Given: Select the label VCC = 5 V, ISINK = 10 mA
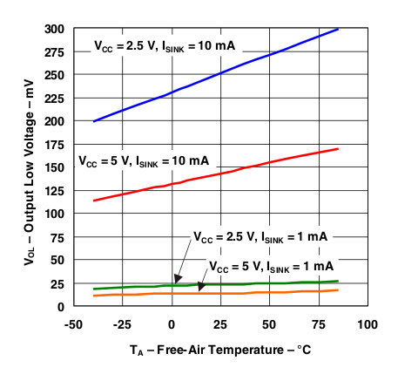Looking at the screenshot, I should pyautogui.click(x=143, y=161).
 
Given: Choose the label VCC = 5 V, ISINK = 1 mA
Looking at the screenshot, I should pyautogui.click(x=271, y=265).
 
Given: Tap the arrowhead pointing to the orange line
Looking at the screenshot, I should pyautogui.click(x=200, y=287).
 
